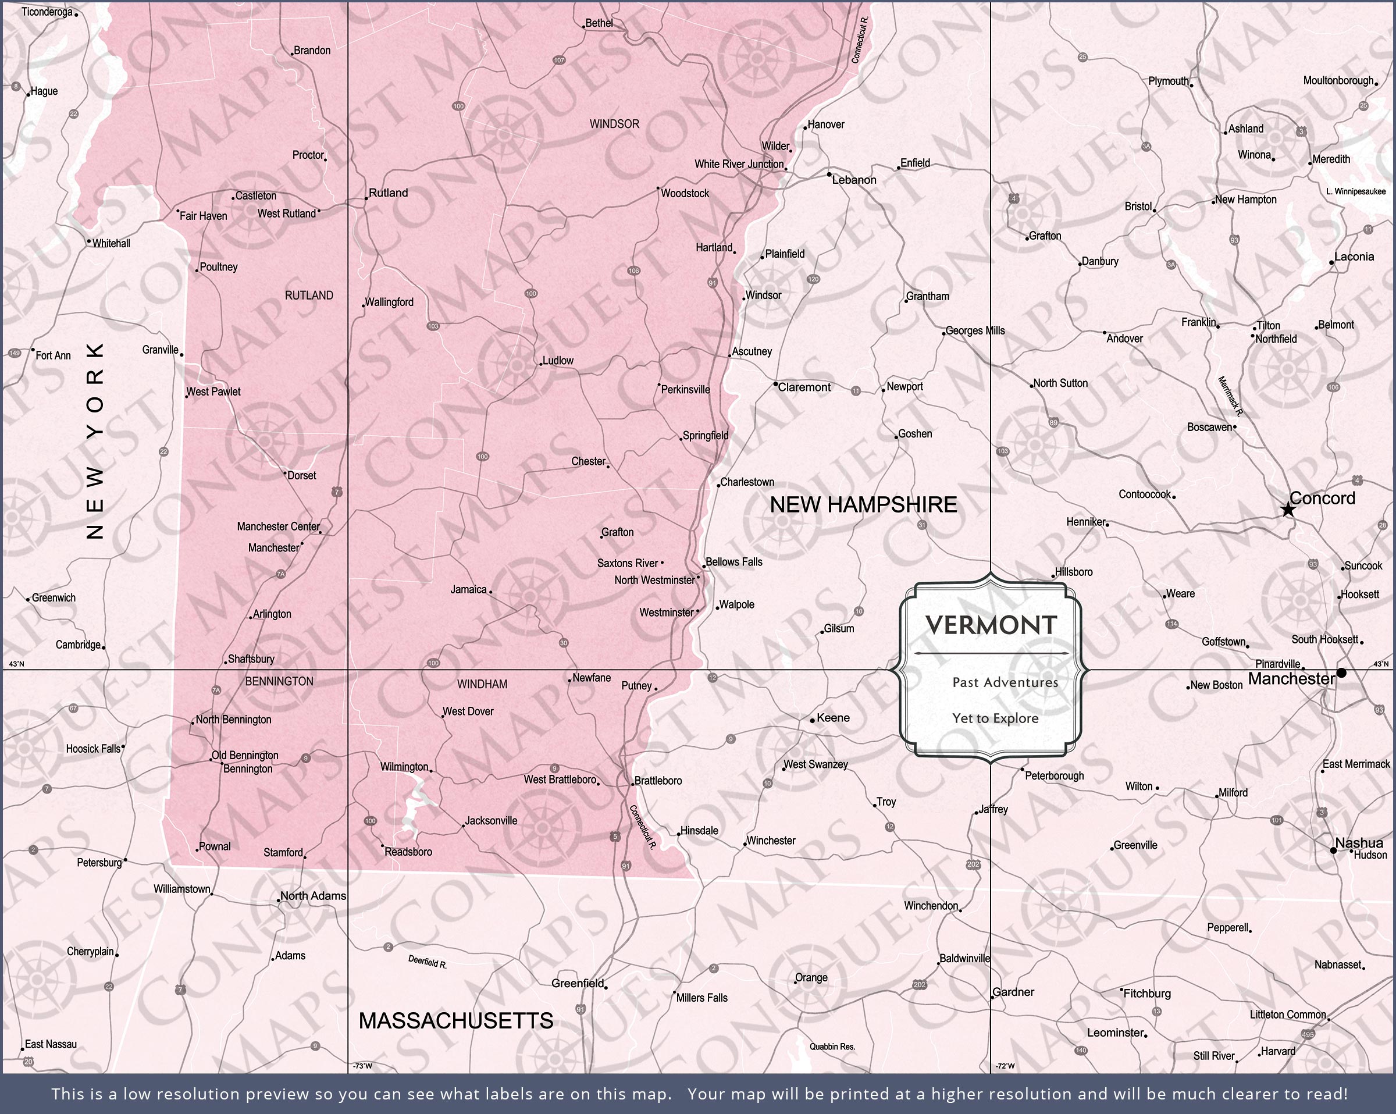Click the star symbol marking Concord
[1288, 510]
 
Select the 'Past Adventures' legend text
[1005, 682]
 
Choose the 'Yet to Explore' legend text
[995, 718]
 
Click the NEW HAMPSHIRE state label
[863, 505]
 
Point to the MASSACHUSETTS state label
[456, 1021]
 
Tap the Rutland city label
[389, 193]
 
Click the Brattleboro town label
[658, 781]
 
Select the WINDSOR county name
[614, 124]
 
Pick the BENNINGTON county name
[279, 681]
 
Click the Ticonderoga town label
[47, 12]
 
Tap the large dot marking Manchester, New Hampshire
[1341, 673]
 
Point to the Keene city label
[833, 718]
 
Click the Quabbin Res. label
[832, 1047]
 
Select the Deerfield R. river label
[428, 962]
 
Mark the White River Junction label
[739, 165]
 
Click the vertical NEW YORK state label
[95, 441]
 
